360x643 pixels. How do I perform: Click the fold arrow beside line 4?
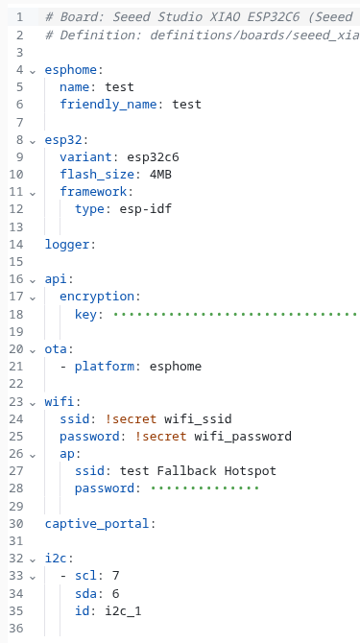33,71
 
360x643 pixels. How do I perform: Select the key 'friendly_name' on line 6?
108,105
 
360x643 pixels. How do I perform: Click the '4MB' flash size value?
160,175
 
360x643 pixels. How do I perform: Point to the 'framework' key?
93,192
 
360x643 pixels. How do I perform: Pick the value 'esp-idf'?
146,209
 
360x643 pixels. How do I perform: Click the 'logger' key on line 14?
67,245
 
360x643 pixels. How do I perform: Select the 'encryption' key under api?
97,297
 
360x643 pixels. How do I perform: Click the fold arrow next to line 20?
33,350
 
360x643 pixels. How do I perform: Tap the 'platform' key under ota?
104,366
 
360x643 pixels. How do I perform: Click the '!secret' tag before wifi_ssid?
131,419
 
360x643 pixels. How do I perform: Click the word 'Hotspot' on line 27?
251,471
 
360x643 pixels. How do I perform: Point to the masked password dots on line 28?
204,488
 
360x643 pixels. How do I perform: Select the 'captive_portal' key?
97,524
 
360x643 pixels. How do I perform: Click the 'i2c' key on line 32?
57,559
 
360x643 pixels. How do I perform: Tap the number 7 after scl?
115,576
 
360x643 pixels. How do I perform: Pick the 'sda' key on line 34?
85,593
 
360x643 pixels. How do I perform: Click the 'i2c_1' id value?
123,611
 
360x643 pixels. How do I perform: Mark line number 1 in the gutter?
20,17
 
